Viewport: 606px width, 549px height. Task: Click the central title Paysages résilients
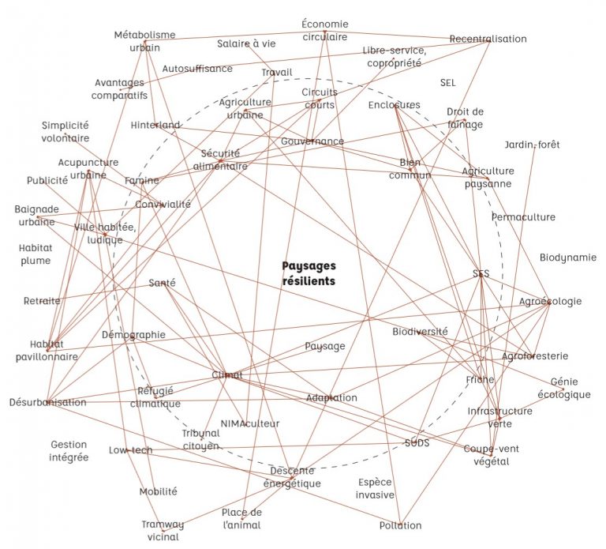pos(309,273)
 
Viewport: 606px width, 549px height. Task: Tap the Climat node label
pos(227,374)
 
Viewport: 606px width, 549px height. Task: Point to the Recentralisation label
pos(488,39)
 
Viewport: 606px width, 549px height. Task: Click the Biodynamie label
pos(568,258)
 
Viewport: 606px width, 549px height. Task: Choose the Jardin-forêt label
pos(532,145)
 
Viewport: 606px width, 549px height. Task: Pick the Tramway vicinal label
pos(163,530)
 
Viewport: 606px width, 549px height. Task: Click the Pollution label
pos(400,525)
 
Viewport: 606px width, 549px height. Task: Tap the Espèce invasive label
pos(375,488)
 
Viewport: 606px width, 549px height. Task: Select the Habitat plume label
pos(36,254)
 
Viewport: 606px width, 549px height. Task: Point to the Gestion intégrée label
pos(69,451)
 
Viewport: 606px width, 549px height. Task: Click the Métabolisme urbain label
pos(144,41)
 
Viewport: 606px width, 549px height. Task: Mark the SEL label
pos(448,82)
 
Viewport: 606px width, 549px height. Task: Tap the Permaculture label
pos(523,217)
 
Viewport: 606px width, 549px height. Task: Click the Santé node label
pos(162,283)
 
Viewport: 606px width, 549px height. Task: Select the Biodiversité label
pos(420,332)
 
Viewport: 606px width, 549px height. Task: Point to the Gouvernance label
pos(312,141)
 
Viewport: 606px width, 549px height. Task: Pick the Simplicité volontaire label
pos(65,131)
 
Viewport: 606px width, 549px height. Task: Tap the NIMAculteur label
pos(250,423)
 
